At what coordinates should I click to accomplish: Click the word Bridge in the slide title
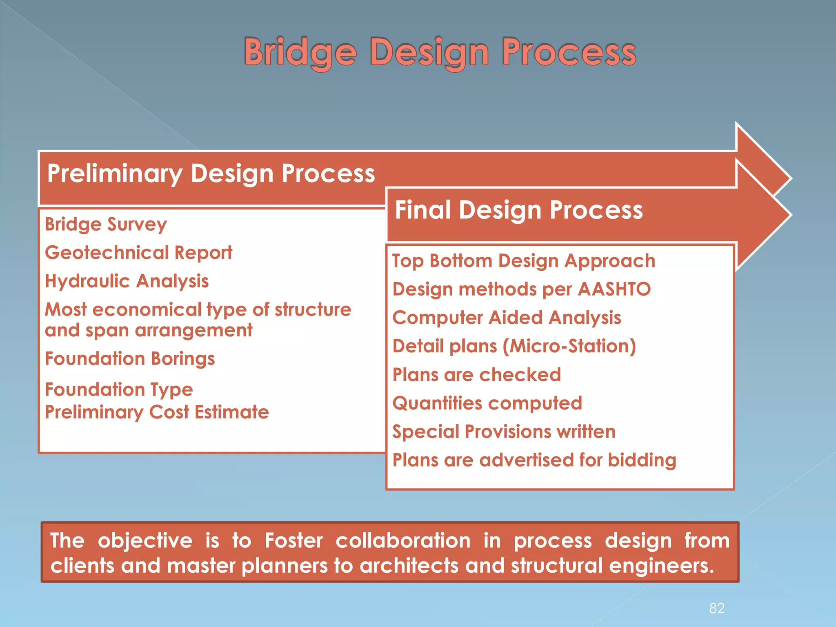pyautogui.click(x=300, y=52)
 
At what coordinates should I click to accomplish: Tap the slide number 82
pyautogui.click(x=717, y=608)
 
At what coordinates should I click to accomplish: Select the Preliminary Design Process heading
pyautogui.click(x=211, y=174)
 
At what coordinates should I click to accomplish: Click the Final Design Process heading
pyautogui.click(x=518, y=211)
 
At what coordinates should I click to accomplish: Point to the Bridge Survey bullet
pyautogui.click(x=106, y=225)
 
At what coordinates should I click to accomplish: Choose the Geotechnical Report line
pyautogui.click(x=138, y=253)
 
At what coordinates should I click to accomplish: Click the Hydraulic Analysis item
pyautogui.click(x=127, y=281)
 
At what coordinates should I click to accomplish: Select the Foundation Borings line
pyautogui.click(x=130, y=359)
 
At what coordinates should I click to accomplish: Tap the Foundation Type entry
pyautogui.click(x=119, y=390)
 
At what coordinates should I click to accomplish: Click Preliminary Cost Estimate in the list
pyautogui.click(x=157, y=412)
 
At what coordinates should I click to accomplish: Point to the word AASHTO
pyautogui.click(x=614, y=289)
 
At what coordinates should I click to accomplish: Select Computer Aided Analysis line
pyautogui.click(x=507, y=318)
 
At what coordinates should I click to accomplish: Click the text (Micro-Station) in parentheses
pyautogui.click(x=569, y=346)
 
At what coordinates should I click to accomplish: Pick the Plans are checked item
pyautogui.click(x=476, y=375)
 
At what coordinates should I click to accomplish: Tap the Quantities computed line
pyautogui.click(x=487, y=403)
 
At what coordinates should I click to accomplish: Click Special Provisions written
pyautogui.click(x=504, y=432)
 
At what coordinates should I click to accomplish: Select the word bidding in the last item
pyautogui.click(x=642, y=460)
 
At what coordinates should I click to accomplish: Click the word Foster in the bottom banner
pyautogui.click(x=293, y=541)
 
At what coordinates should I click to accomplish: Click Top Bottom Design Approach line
pyautogui.click(x=524, y=261)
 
